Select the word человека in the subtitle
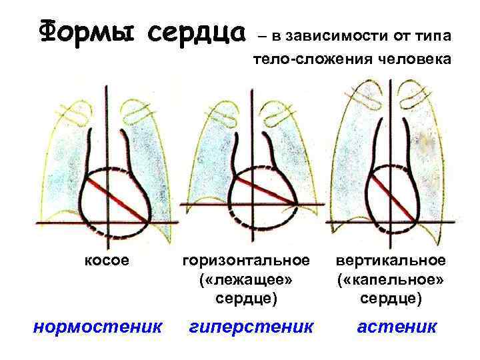point(413,61)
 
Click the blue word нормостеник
point(97,327)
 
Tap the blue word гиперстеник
point(251,327)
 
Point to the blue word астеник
point(397,327)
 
